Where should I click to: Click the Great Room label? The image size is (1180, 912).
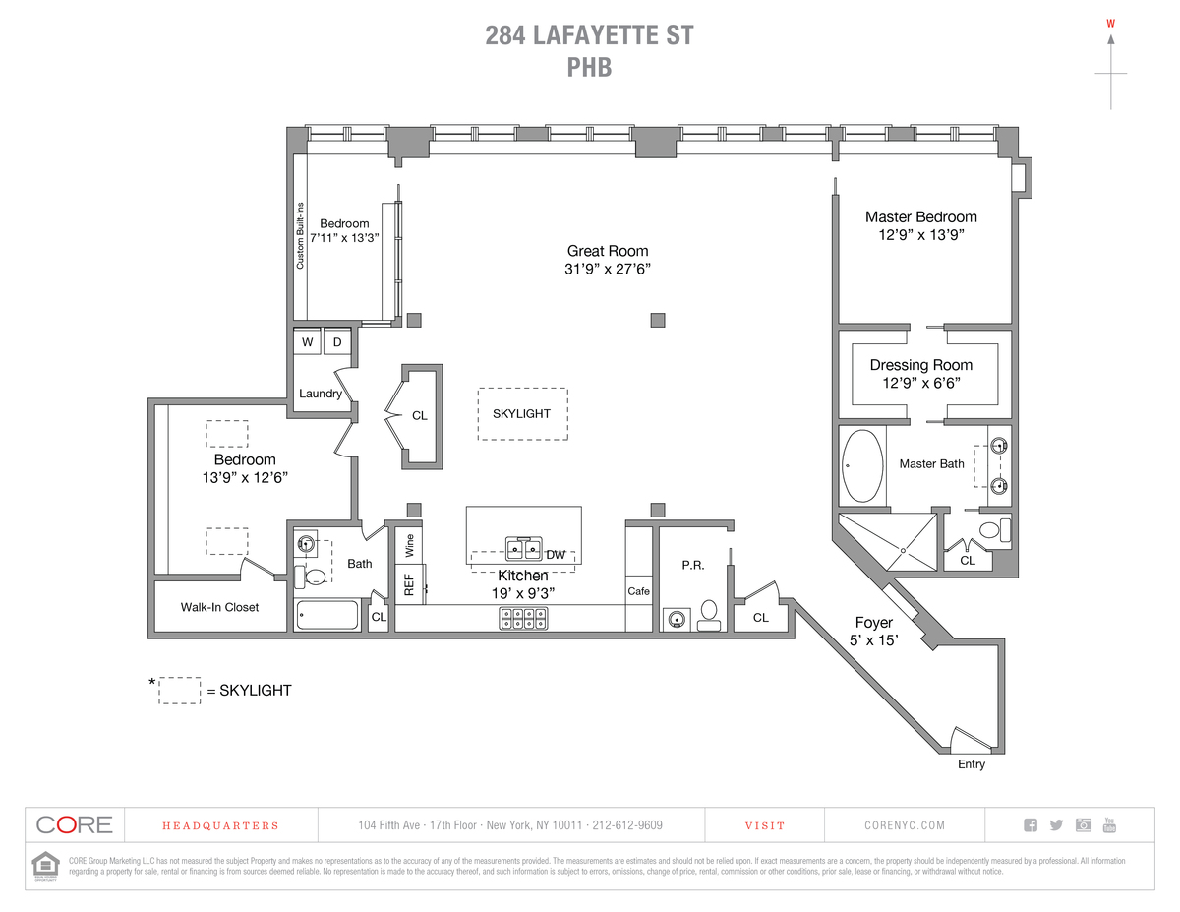(608, 251)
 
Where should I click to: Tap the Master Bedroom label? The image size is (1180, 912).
(920, 217)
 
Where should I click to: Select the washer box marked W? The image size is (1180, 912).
(308, 342)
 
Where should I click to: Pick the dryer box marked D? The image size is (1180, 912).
(337, 342)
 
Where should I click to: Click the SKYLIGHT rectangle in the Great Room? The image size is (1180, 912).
(521, 414)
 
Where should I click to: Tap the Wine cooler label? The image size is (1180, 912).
(409, 545)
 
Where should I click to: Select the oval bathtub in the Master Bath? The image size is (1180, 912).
(862, 465)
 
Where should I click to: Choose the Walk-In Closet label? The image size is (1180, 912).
(219, 607)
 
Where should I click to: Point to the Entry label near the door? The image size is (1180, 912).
(971, 764)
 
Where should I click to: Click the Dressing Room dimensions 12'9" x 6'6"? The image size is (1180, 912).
(920, 383)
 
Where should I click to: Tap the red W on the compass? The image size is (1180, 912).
(1111, 23)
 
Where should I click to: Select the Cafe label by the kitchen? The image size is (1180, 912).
(639, 591)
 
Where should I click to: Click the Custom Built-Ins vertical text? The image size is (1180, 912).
(301, 234)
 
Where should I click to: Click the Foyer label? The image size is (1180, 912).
(873, 623)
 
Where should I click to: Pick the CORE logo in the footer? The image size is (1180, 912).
(75, 825)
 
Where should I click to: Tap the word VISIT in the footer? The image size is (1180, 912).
(765, 826)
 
